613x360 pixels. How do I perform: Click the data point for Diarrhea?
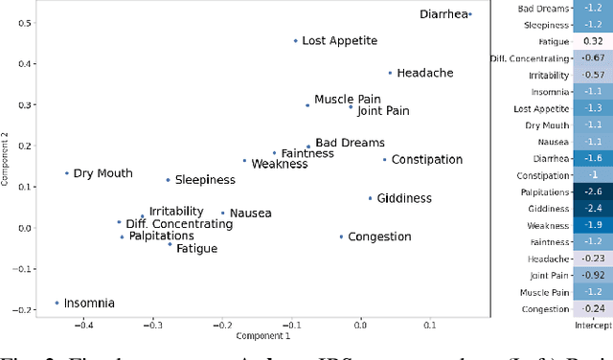[x=469, y=13]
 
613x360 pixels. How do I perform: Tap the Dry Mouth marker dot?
[x=67, y=173]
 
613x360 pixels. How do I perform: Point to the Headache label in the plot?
[x=425, y=73]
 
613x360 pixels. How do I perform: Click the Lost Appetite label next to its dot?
[x=339, y=41]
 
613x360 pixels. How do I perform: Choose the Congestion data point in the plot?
[x=341, y=236]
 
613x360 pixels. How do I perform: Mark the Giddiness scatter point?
[x=370, y=198]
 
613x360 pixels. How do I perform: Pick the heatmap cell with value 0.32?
[x=594, y=41]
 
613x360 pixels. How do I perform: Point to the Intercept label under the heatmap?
[x=594, y=326]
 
